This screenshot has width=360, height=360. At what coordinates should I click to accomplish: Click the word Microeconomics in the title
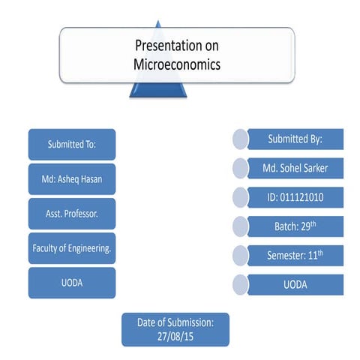[x=176, y=64]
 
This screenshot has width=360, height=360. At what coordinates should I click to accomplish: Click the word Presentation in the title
[x=176, y=46]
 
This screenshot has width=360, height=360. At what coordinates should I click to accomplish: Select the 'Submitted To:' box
[x=72, y=144]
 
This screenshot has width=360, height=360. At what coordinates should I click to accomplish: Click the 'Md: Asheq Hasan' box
[x=72, y=178]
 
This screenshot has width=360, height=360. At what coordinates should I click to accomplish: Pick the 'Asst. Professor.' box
[x=72, y=213]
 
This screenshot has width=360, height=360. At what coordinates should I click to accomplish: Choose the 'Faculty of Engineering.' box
[x=72, y=247]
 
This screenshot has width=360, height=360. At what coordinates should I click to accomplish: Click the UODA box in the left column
[x=72, y=282]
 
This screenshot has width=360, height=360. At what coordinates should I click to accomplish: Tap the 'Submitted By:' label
[x=295, y=139]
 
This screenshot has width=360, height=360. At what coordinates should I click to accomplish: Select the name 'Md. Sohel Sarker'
[x=295, y=167]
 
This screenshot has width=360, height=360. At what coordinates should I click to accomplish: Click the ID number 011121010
[x=295, y=196]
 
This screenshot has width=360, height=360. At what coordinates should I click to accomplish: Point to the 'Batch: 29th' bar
[x=295, y=226]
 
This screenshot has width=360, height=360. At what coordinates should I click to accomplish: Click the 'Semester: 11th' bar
[x=295, y=255]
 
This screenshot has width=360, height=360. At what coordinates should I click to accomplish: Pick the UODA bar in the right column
[x=295, y=284]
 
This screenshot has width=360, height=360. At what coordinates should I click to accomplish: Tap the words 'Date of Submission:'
[x=175, y=322]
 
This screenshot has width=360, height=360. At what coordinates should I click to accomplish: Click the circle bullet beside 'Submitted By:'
[x=240, y=139]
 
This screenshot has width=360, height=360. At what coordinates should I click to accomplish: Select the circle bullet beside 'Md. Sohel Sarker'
[x=240, y=168]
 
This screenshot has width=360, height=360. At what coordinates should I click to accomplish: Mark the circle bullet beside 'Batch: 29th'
[x=240, y=226]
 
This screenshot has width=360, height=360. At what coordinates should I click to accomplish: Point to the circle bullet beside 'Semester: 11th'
[x=240, y=256]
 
